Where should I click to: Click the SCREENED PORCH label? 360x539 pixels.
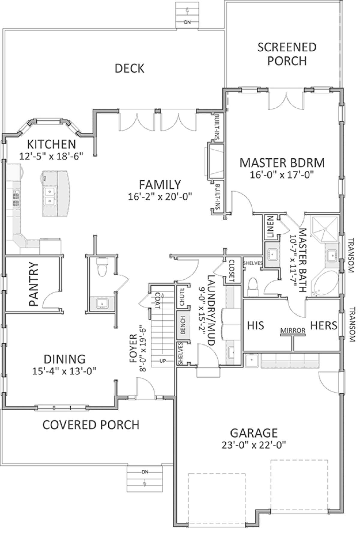coord(287,54)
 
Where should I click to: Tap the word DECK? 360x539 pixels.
coord(129,68)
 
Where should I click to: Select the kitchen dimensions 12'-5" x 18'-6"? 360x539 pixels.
coord(51,156)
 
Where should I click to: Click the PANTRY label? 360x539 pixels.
coord(34,284)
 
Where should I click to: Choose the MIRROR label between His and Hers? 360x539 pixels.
coord(293,331)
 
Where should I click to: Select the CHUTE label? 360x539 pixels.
coord(182,297)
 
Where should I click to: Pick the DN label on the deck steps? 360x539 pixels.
coord(187,22)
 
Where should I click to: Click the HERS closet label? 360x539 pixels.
coord(324,325)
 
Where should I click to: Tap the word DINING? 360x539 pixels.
coord(64,359)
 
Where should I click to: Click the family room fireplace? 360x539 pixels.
coord(214,161)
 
